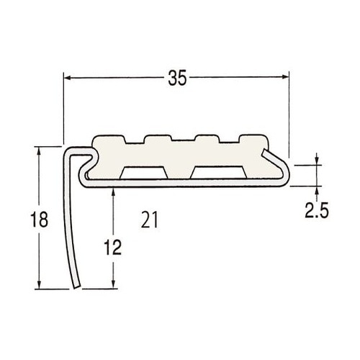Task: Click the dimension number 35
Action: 177,78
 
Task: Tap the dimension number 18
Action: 39,220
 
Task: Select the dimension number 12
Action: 113,247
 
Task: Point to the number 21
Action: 149,220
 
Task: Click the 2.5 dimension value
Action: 316,210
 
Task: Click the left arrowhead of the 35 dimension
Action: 68,78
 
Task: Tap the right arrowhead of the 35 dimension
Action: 284,77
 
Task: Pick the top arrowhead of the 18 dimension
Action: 39,150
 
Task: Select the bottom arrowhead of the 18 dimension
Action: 39,285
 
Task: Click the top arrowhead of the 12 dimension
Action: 113,192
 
